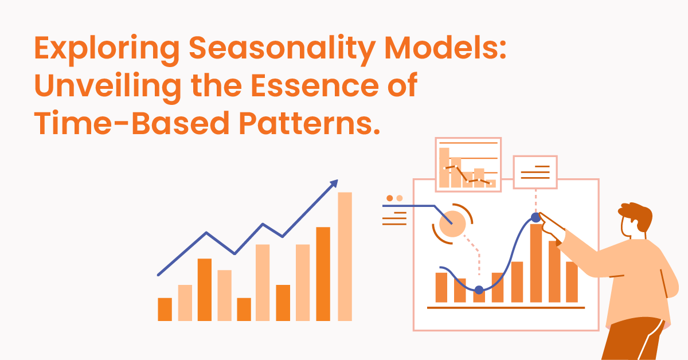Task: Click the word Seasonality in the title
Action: pyautogui.click(x=282, y=49)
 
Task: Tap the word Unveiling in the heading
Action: pyautogui.click(x=108, y=86)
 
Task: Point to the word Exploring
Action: pyautogui.click(x=107, y=49)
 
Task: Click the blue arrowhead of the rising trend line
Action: pyautogui.click(x=334, y=183)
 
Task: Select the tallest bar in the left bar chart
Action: pyautogui.click(x=345, y=256)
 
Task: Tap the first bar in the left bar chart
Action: pyautogui.click(x=165, y=310)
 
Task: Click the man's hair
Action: pyautogui.click(x=636, y=216)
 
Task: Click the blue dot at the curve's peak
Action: pyautogui.click(x=536, y=217)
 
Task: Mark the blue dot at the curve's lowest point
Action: pyautogui.click(x=479, y=289)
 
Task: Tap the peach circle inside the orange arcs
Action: pyautogui.click(x=452, y=224)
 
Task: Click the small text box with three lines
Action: pyautogui.click(x=535, y=172)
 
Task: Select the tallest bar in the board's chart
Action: pyautogui.click(x=536, y=263)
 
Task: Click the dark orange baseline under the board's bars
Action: pyautogui.click(x=506, y=307)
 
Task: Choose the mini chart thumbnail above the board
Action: pyautogui.click(x=468, y=165)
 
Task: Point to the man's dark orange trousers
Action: pyautogui.click(x=634, y=339)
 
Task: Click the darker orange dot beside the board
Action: pyautogui.click(x=390, y=198)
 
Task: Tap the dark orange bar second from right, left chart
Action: pyautogui.click(x=323, y=274)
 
